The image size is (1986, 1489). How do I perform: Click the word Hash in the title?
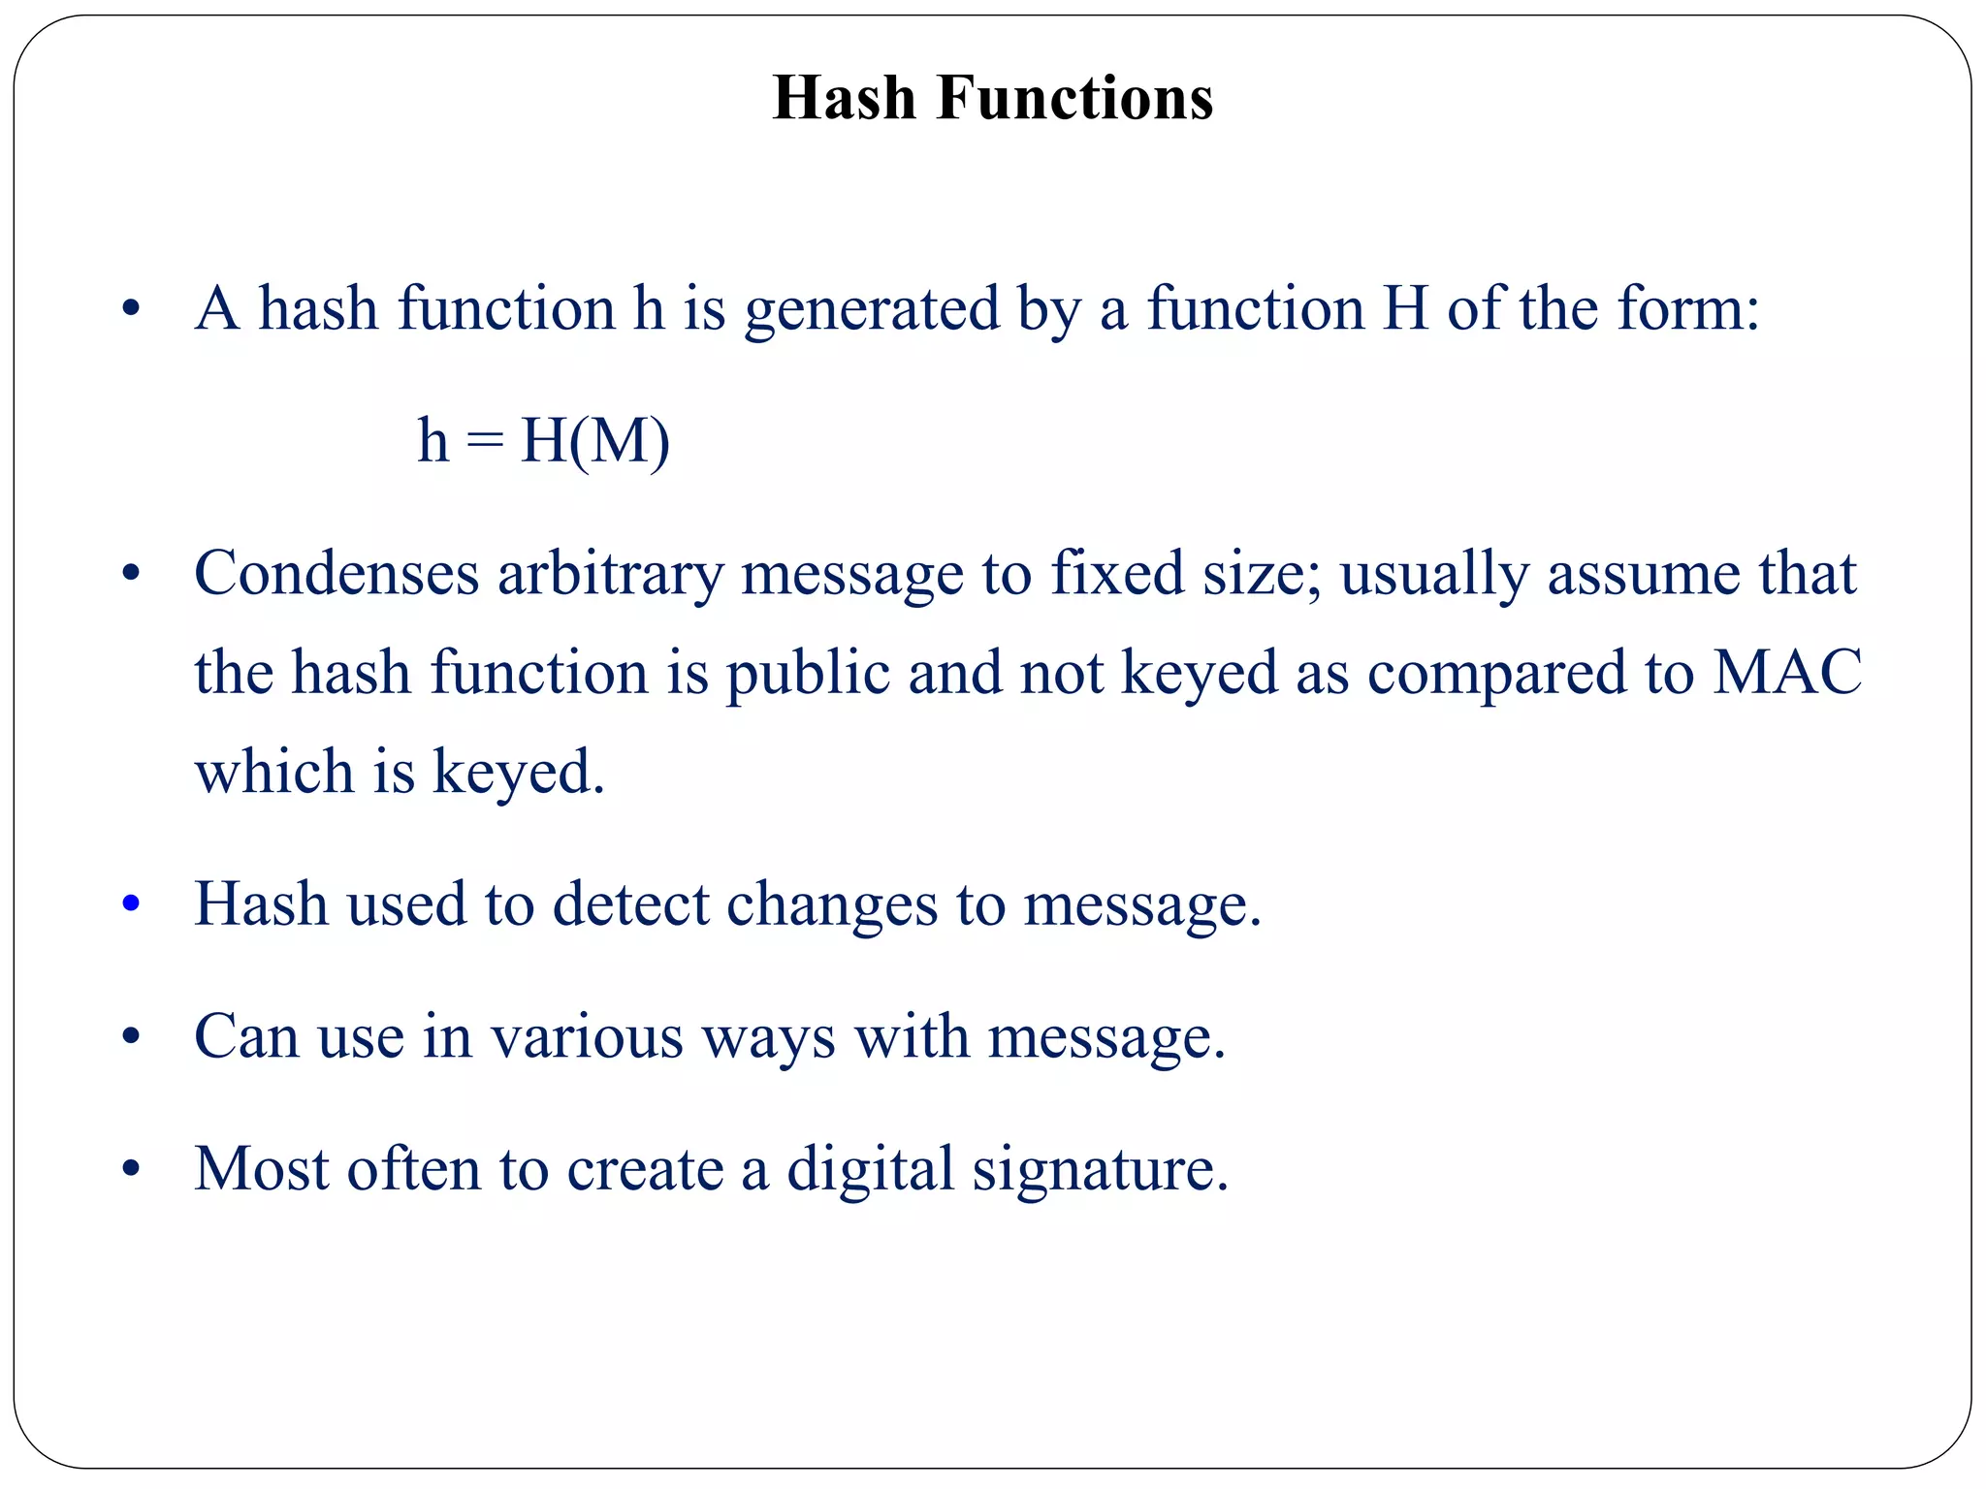pyautogui.click(x=844, y=98)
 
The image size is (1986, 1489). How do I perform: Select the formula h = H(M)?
pyautogui.click(x=543, y=441)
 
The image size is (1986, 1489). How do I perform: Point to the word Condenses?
pyautogui.click(x=336, y=573)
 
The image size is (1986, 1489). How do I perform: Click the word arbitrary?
pyautogui.click(x=610, y=573)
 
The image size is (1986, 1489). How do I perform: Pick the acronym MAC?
pyautogui.click(x=1786, y=672)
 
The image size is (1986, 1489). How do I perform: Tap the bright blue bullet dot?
pyautogui.click(x=131, y=904)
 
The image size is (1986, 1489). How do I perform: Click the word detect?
pyautogui.click(x=630, y=904)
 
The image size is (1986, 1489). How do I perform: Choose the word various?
pyautogui.click(x=587, y=1036)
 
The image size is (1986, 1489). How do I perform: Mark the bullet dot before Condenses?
pyautogui.click(x=131, y=574)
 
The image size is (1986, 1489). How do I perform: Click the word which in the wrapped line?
pyautogui.click(x=274, y=772)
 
